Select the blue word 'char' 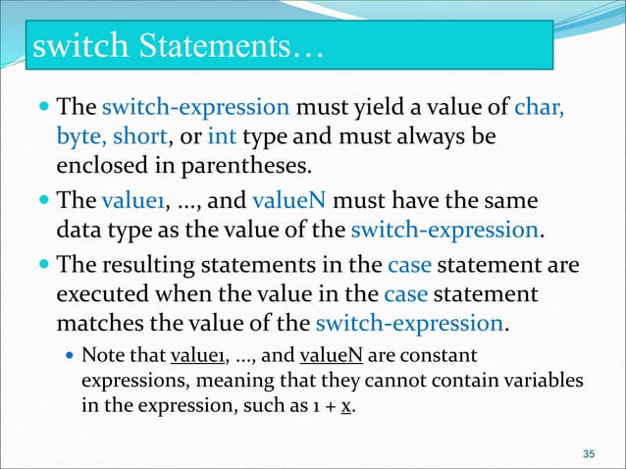pos(539,105)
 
